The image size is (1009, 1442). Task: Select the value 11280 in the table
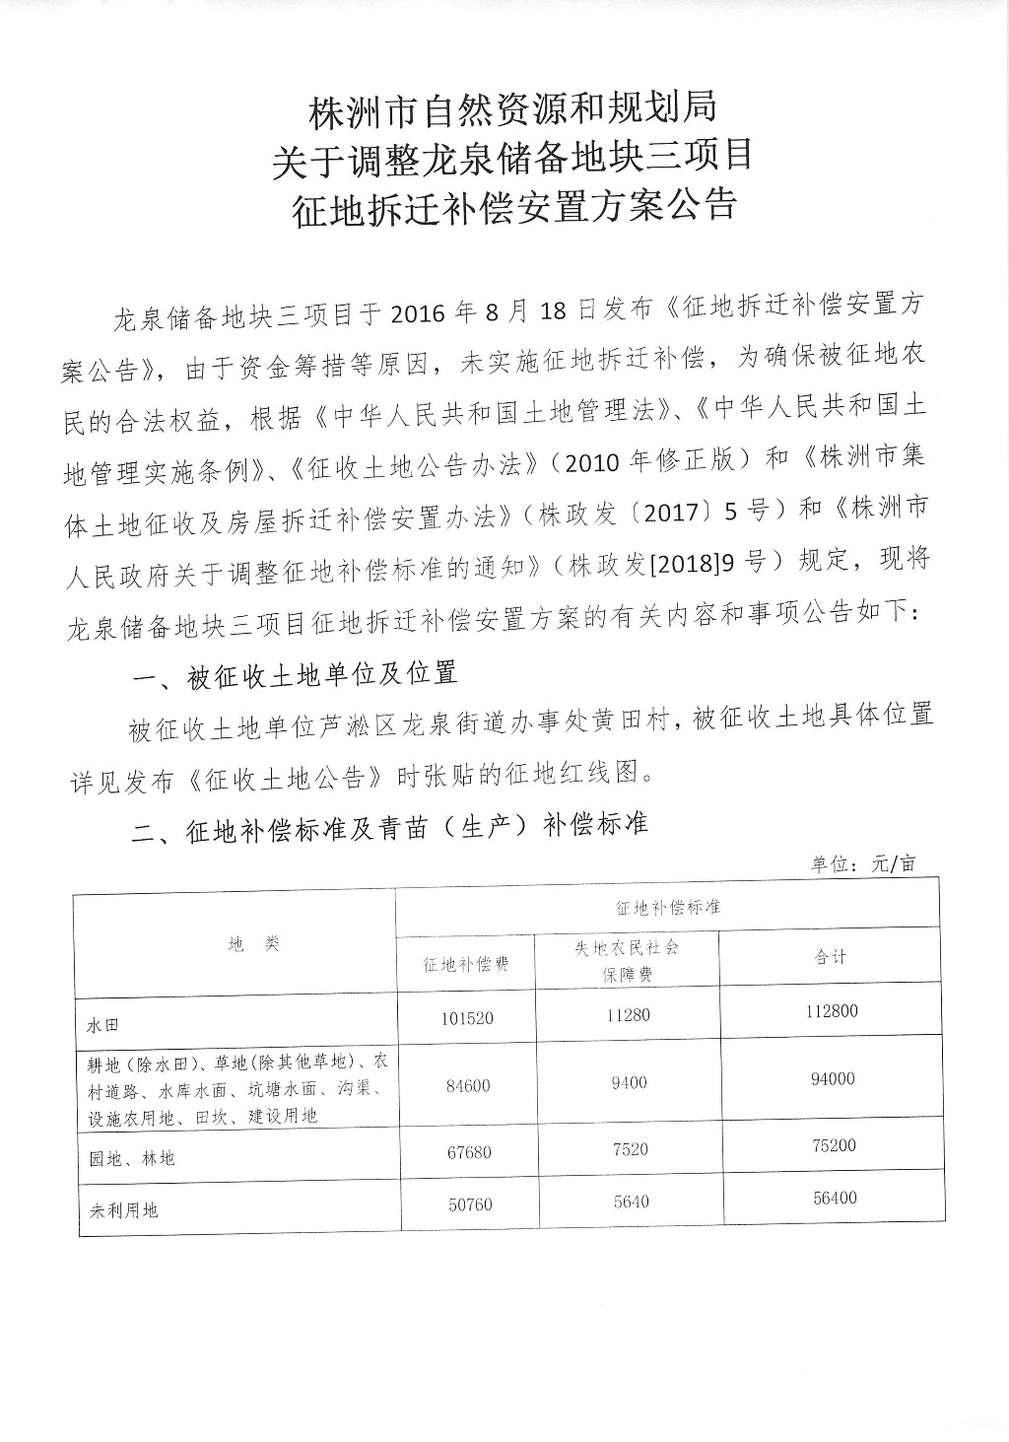point(628,1014)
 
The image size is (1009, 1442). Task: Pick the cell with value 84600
point(465,1085)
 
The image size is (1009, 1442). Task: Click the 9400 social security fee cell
point(628,1082)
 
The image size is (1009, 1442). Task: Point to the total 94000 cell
point(833,1078)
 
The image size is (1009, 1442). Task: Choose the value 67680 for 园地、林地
point(465,1151)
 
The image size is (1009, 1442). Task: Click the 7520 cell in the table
point(628,1148)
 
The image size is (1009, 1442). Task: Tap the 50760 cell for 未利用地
point(465,1204)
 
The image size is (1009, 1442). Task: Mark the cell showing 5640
point(628,1202)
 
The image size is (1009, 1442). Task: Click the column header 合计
point(831,956)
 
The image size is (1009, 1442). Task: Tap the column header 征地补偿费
point(465,965)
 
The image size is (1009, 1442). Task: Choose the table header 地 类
point(254,944)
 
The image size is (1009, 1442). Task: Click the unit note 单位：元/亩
point(863,864)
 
